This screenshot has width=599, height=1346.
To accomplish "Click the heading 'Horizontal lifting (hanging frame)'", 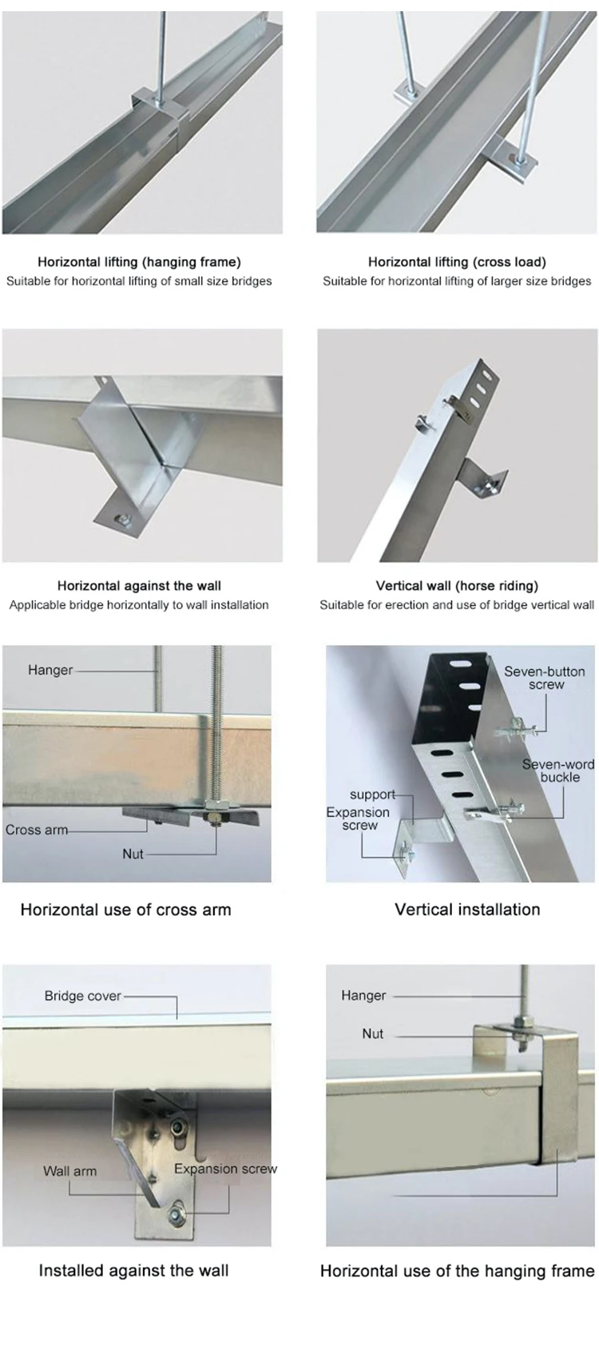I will [139, 261].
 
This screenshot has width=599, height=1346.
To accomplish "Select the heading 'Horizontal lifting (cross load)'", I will [457, 261].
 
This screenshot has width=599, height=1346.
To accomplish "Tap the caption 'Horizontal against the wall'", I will [139, 585].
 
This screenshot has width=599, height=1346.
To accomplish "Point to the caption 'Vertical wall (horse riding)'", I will [457, 585].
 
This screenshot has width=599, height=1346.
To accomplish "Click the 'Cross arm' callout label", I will [37, 830].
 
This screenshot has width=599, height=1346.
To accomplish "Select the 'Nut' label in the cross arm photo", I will [133, 854].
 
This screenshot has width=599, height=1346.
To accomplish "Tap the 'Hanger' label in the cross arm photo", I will [50, 670].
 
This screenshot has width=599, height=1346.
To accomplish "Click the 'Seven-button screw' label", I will [545, 678].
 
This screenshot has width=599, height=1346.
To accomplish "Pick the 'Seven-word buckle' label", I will [558, 771].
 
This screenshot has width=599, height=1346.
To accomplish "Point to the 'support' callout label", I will [372, 794].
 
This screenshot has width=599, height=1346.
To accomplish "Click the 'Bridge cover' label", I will [83, 996].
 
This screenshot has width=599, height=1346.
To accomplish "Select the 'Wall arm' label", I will [69, 1171].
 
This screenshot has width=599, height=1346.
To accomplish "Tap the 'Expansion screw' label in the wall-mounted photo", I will [225, 1169].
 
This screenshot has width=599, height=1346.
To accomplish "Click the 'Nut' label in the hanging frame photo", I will [372, 1033].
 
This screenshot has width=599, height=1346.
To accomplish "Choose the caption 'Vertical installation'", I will [467, 909].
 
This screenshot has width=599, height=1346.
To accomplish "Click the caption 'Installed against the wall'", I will [133, 1270].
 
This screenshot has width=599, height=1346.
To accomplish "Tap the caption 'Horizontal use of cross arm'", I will [125, 909].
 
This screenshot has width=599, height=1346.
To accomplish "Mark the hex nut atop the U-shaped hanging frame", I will [521, 1022].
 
